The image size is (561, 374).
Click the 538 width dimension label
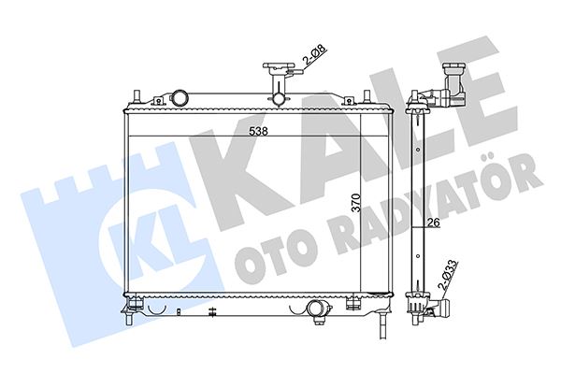259,131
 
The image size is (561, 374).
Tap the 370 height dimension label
356,203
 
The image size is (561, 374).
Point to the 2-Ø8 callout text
314,56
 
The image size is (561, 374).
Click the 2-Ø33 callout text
448,275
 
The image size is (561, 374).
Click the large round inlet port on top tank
179,98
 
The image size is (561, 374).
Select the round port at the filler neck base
278,99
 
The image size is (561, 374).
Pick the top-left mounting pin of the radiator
137,97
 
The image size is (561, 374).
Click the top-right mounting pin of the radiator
367,97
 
